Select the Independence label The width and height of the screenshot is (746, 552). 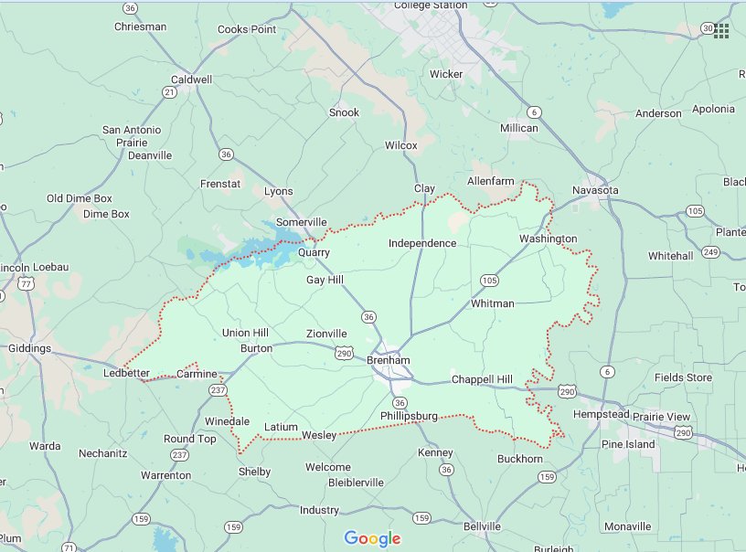click(421, 243)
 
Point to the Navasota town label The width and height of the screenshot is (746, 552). click(595, 190)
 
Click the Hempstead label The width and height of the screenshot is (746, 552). click(601, 414)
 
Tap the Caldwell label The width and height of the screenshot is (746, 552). click(191, 80)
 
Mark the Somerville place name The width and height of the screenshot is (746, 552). click(301, 222)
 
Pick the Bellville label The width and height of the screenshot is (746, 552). click(482, 526)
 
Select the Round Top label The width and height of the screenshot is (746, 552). click(190, 439)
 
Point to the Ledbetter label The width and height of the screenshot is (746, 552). click(126, 374)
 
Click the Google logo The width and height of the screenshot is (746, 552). click(373, 538)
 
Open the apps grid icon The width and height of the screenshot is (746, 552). click(721, 30)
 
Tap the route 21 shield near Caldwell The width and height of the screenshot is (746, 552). click(169, 92)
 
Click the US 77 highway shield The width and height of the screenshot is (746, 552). click(28, 285)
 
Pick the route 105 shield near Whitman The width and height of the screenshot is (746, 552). click(488, 280)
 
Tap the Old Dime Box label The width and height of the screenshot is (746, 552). click(79, 198)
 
